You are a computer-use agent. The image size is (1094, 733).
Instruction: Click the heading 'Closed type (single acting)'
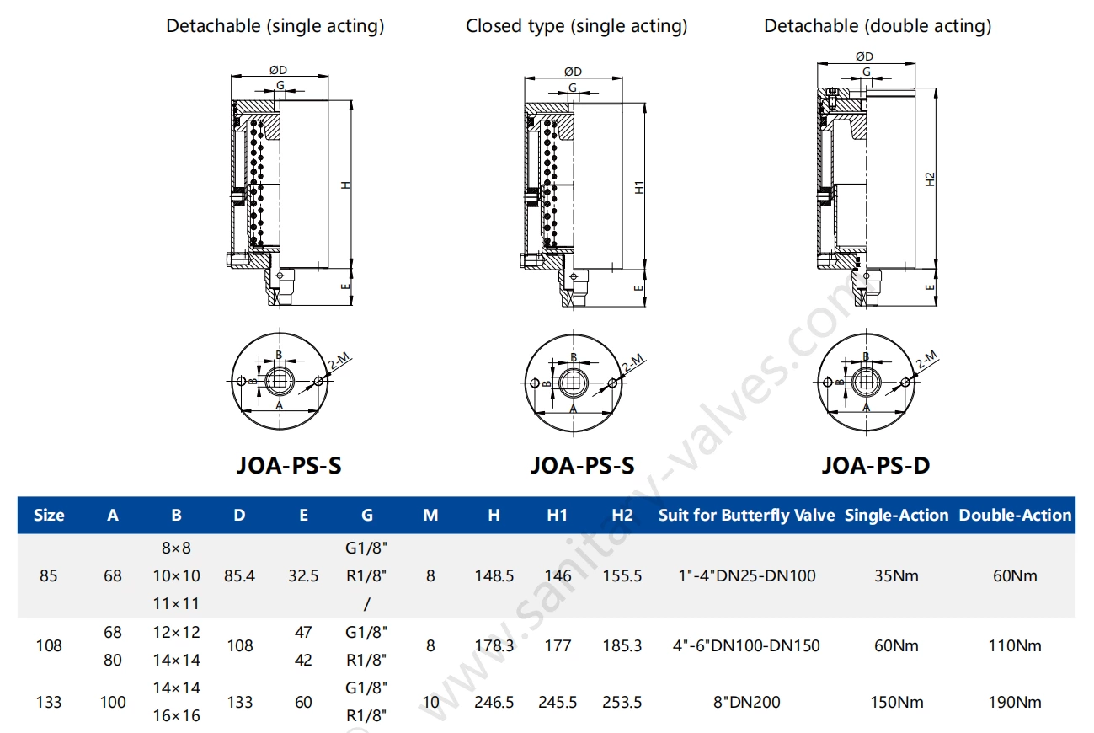576,26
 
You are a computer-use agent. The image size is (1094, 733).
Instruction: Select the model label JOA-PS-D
875,465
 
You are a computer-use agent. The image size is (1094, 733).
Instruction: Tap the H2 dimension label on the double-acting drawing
930,179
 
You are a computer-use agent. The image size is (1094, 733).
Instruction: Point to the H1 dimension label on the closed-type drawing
639,187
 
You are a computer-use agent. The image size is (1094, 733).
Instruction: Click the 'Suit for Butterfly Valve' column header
746,515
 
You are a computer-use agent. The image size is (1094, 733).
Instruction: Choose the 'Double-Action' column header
1015,515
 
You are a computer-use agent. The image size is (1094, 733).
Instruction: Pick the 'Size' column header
49,515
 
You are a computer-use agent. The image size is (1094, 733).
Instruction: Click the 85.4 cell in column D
240,576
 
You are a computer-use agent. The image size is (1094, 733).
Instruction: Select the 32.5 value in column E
303,576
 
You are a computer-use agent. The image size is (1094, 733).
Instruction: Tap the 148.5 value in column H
494,576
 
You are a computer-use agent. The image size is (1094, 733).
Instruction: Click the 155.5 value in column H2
622,576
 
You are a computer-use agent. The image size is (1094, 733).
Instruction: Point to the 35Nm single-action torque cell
896,576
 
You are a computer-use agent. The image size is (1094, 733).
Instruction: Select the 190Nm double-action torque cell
1015,702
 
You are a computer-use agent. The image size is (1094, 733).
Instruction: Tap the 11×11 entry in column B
176,603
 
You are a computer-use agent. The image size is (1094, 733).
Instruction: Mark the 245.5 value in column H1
558,702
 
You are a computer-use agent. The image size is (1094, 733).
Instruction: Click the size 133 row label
49,702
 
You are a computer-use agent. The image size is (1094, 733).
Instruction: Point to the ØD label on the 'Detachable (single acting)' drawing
279,70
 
